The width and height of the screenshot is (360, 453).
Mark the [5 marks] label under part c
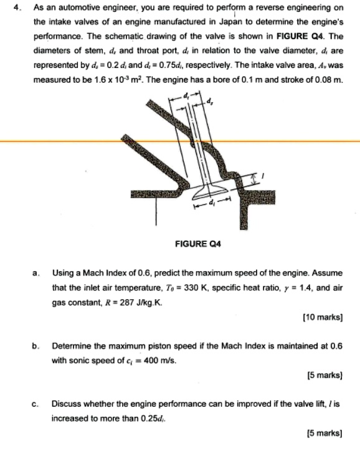pos(324,432)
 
